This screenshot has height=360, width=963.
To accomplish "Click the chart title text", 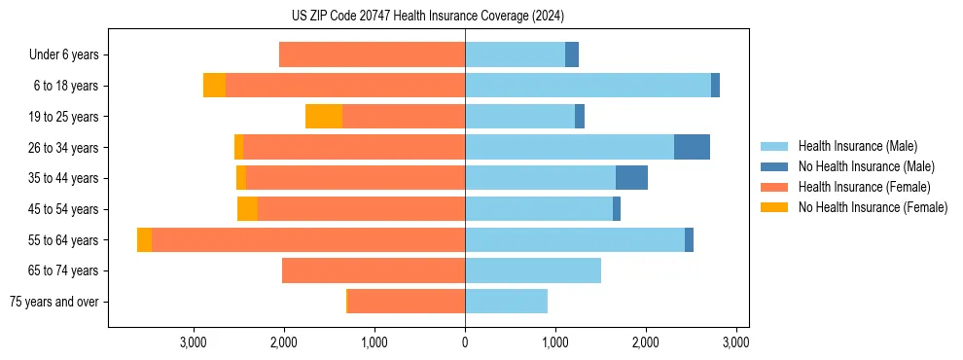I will [x=428, y=16].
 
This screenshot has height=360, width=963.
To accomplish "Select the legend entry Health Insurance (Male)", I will [x=857, y=146].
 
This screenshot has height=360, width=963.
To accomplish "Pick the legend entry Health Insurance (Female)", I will [x=864, y=187].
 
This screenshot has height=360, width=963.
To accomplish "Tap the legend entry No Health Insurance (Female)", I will [x=873, y=207].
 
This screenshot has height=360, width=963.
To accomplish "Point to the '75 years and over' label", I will [x=53, y=302].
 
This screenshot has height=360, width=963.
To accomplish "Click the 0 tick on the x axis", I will [x=465, y=342].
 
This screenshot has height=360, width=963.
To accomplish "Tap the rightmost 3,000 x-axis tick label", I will [x=736, y=342].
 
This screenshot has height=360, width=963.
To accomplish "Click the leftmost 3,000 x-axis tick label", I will [x=194, y=342].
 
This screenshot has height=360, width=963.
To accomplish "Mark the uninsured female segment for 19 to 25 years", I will [x=324, y=117].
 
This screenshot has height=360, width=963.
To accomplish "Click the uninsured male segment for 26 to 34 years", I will [x=692, y=148].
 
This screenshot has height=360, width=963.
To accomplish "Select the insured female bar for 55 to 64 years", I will [x=308, y=240].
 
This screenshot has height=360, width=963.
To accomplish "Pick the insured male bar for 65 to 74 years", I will [x=533, y=270].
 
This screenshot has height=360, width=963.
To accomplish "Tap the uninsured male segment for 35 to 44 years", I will [x=631, y=178].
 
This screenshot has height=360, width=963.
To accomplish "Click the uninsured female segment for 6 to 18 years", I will [x=214, y=86].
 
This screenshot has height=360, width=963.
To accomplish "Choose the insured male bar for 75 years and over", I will [x=506, y=302].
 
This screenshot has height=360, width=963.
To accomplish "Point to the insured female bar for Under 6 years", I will [x=372, y=55].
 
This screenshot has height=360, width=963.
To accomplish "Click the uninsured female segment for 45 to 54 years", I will [x=247, y=209].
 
